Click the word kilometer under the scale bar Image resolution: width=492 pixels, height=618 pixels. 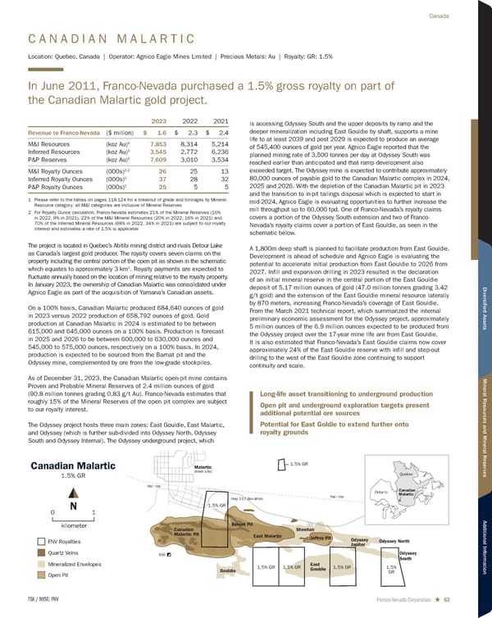(75, 524)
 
